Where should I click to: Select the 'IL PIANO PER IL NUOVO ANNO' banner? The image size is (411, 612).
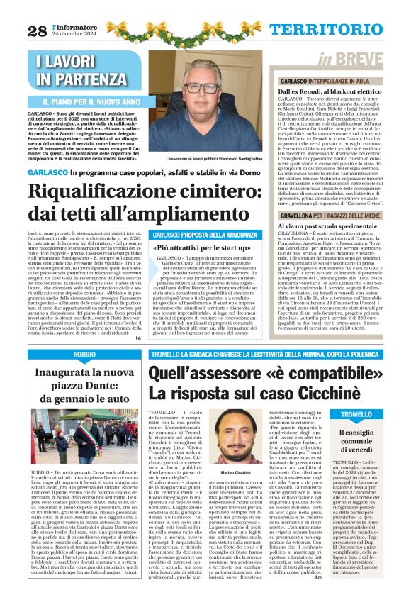[x=89, y=101]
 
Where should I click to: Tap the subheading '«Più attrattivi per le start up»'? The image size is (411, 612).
[x=203, y=249]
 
